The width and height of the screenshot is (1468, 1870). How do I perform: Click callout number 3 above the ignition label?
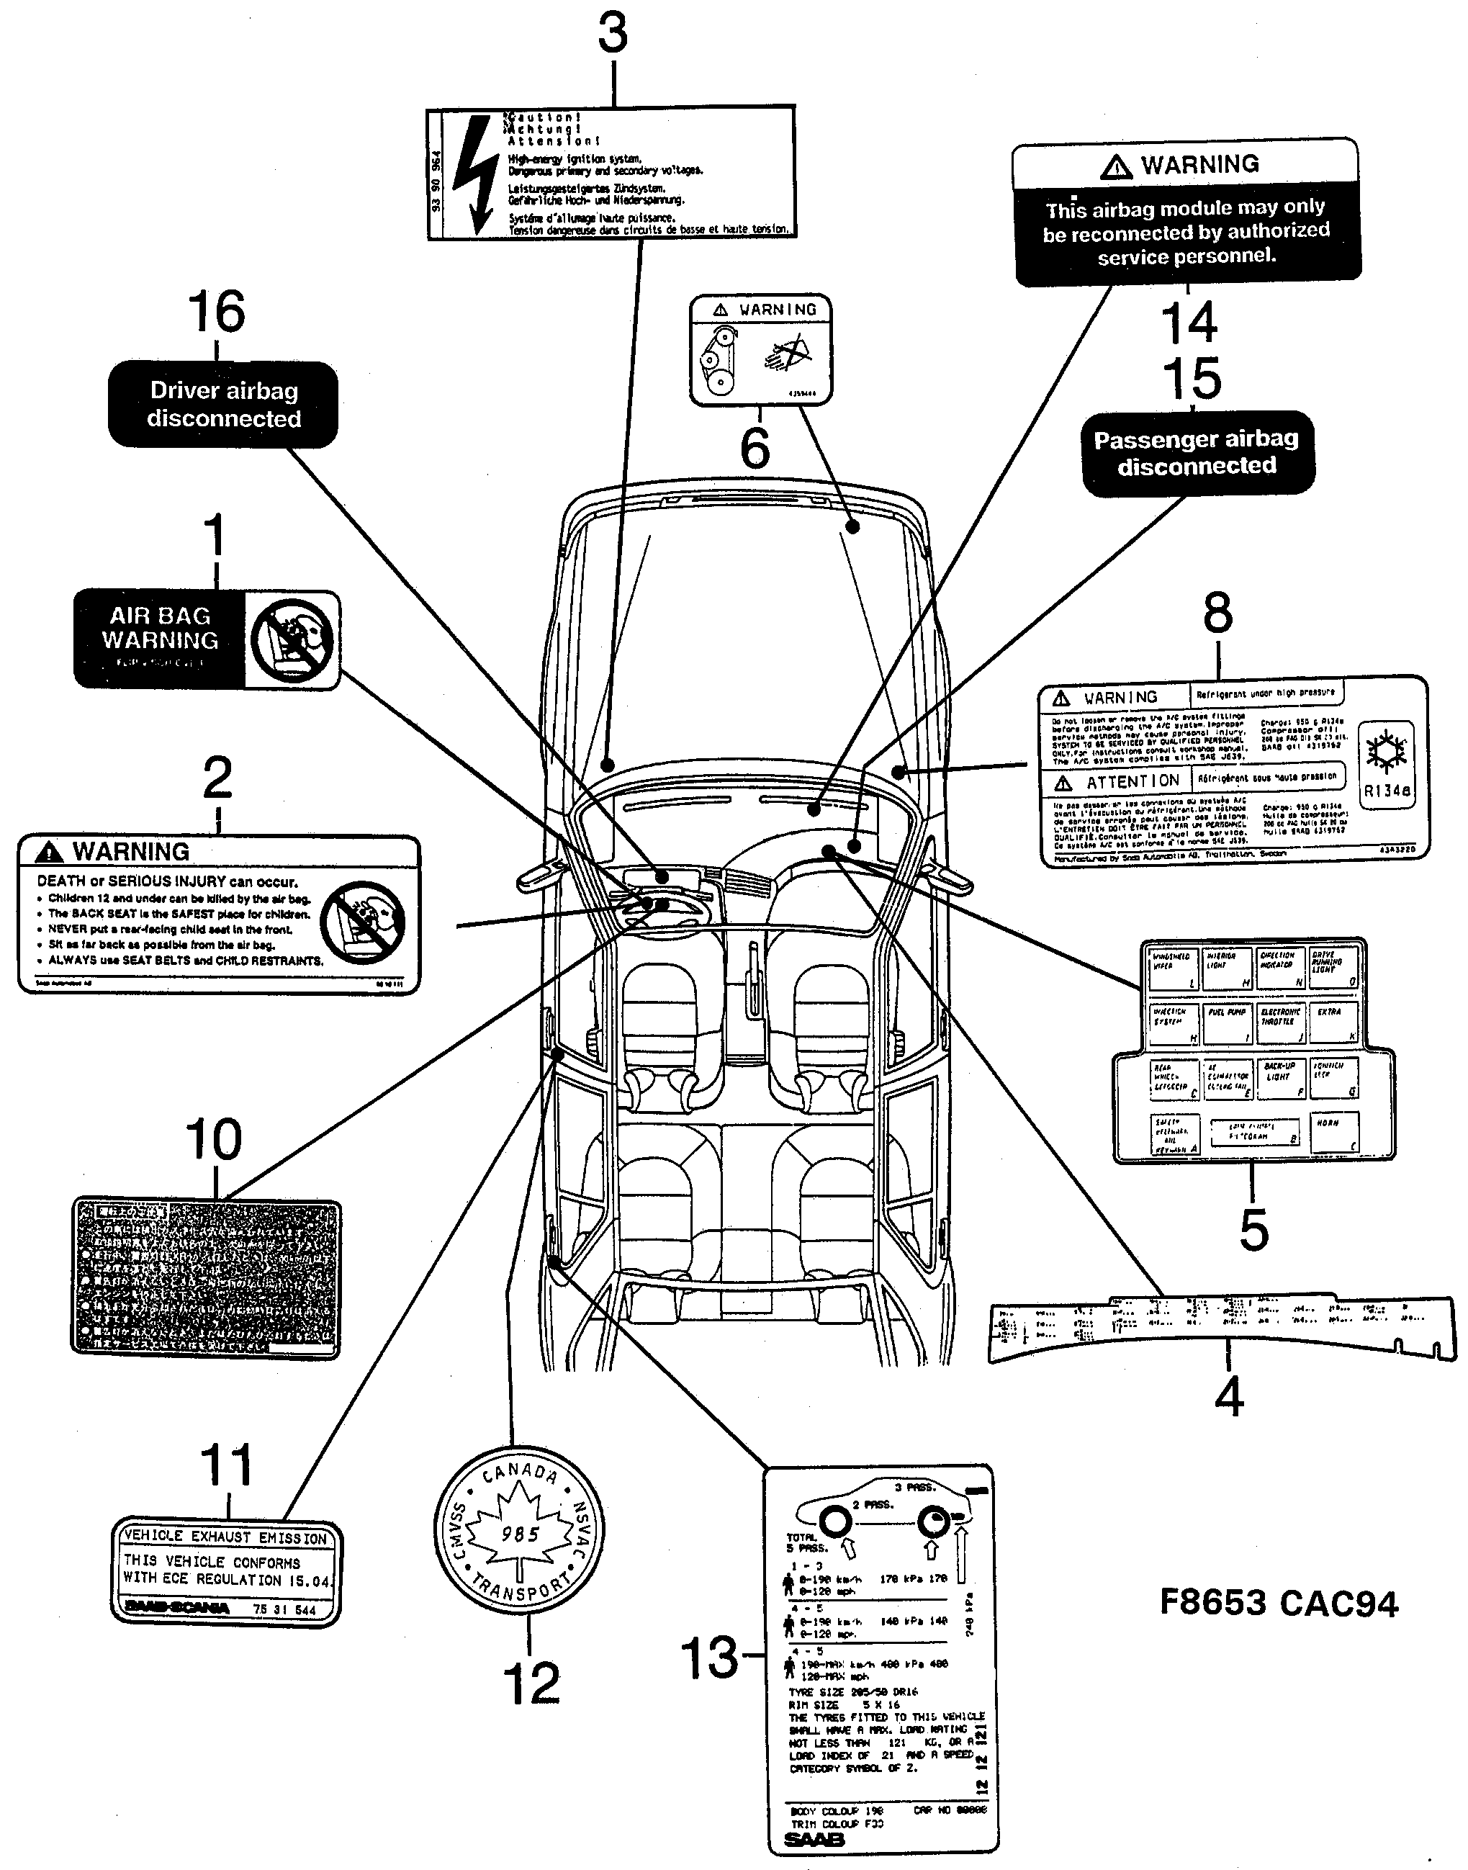[613, 35]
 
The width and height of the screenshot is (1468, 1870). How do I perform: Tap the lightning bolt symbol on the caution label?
[474, 174]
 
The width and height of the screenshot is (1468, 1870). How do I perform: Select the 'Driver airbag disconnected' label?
[222, 405]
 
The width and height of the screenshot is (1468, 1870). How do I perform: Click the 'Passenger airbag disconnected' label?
[1197, 453]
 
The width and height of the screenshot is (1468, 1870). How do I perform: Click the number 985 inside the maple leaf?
[519, 1533]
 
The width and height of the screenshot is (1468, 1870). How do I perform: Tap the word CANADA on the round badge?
[519, 1472]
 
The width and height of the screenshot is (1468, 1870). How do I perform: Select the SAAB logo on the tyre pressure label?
[814, 1840]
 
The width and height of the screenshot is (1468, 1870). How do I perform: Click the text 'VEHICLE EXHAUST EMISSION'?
[226, 1537]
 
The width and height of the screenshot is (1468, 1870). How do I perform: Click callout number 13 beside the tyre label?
[709, 1658]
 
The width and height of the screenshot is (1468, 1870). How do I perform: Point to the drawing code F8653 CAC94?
[1279, 1604]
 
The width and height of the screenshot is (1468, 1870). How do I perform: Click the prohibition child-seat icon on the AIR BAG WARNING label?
[292, 640]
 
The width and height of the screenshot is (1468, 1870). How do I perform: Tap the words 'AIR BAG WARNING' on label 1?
[160, 628]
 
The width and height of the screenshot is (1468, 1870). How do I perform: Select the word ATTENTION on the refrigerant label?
[1132, 782]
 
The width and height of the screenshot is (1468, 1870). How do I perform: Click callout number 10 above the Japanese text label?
[214, 1141]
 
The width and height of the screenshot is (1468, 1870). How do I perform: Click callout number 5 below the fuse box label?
[1254, 1230]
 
